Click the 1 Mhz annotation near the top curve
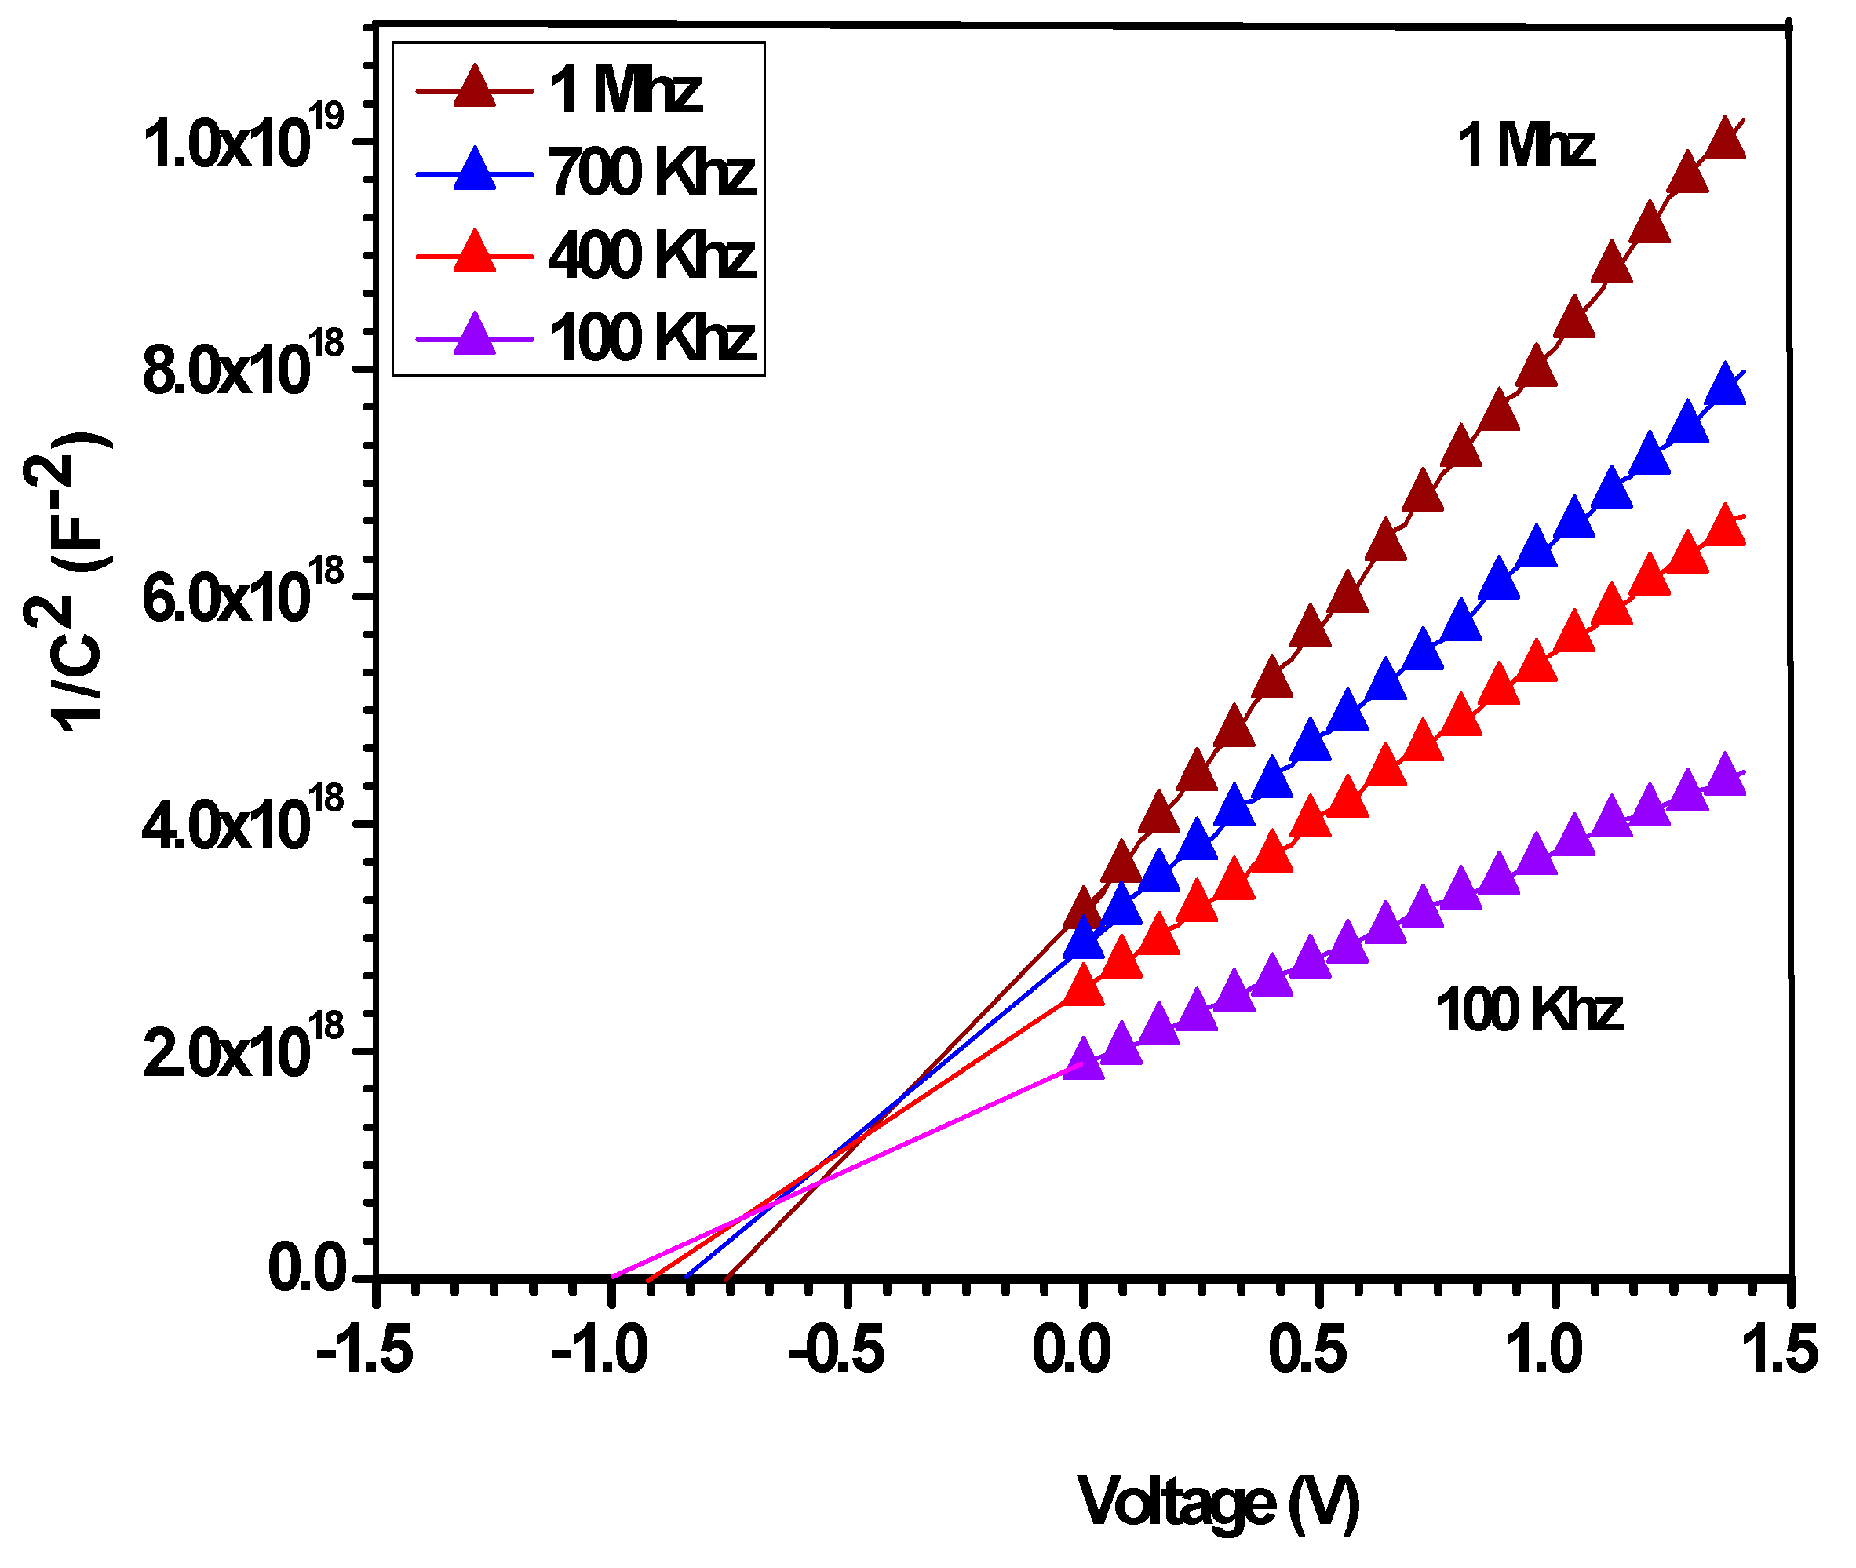[x=1526, y=145]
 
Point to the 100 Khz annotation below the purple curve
[x=1529, y=1011]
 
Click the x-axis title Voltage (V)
[x=1218, y=1502]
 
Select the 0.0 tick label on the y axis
[x=307, y=1268]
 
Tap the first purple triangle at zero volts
[x=1083, y=1059]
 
